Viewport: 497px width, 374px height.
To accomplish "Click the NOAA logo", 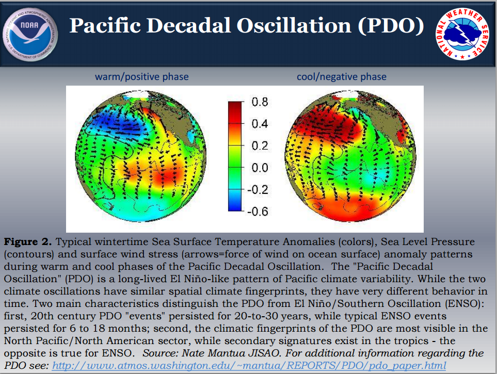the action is point(30,34).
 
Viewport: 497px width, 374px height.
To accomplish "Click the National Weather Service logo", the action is point(462,34).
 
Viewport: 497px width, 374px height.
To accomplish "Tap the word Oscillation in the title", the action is point(294,25).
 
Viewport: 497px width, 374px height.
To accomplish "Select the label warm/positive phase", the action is point(142,77).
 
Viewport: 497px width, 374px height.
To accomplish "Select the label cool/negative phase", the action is point(341,77).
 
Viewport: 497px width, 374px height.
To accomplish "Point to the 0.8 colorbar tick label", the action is point(260,102).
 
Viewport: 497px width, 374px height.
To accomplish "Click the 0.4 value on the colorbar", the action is point(260,124).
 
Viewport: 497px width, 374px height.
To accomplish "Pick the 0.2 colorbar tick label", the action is point(260,146).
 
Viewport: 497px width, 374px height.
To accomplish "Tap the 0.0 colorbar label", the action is point(260,168).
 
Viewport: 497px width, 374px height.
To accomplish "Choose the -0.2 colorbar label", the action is point(258,189).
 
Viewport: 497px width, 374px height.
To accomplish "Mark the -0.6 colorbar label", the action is point(258,212).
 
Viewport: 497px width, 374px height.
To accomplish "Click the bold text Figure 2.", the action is point(28,242).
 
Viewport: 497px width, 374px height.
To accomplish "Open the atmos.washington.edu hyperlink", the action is point(249,366).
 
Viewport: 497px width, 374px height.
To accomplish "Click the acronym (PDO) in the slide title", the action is point(391,25).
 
